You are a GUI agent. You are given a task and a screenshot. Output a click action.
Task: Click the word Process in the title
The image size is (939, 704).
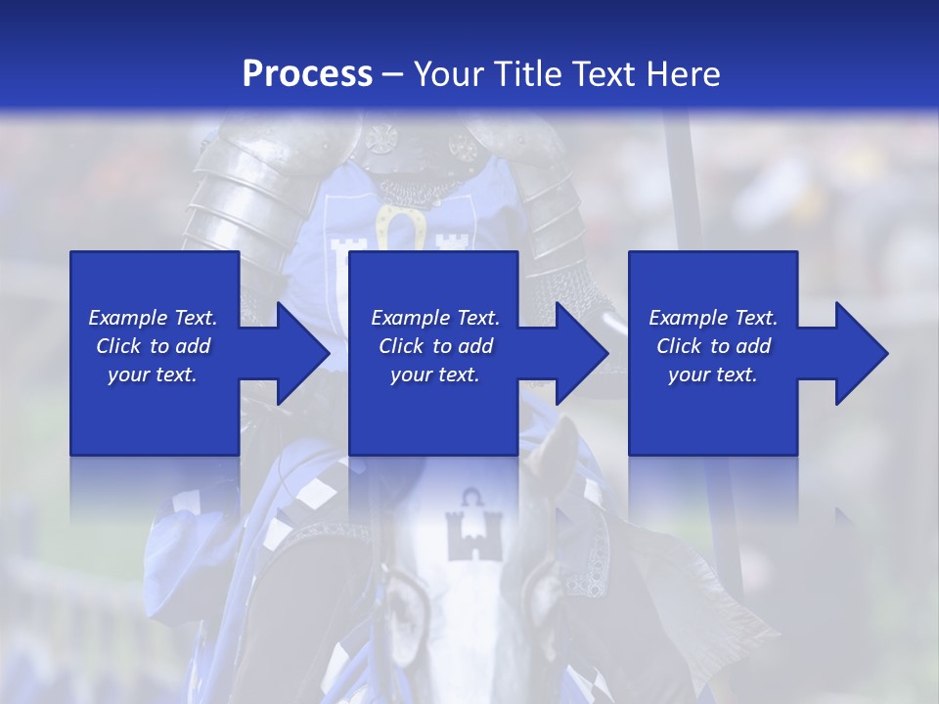click(x=307, y=74)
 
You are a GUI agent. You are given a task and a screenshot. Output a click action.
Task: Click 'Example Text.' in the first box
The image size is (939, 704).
click(x=153, y=318)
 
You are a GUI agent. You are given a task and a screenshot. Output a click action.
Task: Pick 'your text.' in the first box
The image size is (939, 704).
click(x=153, y=374)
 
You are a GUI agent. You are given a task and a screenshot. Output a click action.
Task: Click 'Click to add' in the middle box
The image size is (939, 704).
click(x=435, y=346)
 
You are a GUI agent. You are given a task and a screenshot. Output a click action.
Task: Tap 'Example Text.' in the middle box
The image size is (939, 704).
click(x=435, y=318)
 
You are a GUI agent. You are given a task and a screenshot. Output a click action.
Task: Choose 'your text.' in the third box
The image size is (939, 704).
click(x=713, y=374)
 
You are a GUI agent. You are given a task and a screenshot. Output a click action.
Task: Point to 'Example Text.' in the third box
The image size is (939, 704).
click(x=713, y=318)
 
